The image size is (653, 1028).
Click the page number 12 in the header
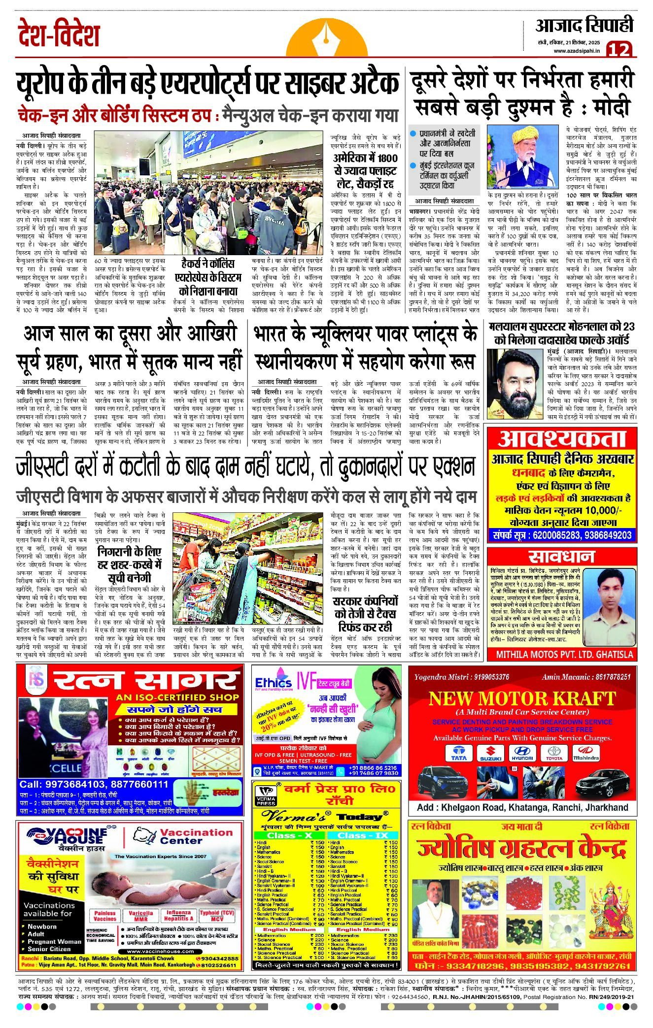coord(619,49)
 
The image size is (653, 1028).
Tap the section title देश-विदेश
coord(59,34)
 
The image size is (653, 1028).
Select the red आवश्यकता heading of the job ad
coord(561,439)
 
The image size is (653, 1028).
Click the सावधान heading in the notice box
coord(561,556)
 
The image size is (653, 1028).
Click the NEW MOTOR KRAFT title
coord(522,698)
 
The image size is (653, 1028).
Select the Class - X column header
coord(289,835)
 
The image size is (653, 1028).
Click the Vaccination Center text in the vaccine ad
coord(196,836)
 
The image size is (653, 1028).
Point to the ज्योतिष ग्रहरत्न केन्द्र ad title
coord(521,849)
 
